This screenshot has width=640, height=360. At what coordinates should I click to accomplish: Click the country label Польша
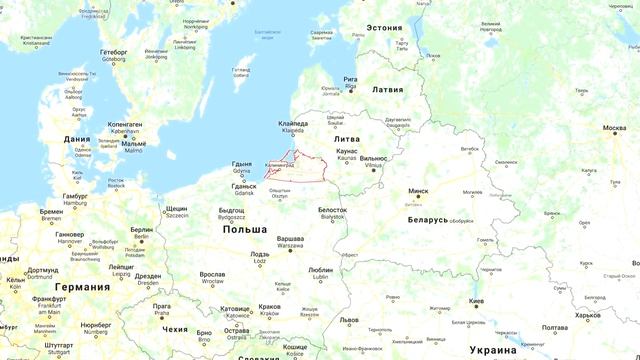click(x=245, y=229)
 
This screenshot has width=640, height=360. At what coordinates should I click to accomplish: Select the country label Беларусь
click(x=434, y=219)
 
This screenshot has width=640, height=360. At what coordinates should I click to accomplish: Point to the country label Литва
click(x=347, y=139)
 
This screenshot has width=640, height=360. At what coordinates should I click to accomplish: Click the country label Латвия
click(x=387, y=89)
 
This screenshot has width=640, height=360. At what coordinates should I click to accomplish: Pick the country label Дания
click(x=77, y=140)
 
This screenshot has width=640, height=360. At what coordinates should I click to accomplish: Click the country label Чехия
click(x=175, y=329)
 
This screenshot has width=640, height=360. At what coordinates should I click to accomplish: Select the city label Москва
click(x=615, y=129)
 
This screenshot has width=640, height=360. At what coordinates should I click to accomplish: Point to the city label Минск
click(x=418, y=190)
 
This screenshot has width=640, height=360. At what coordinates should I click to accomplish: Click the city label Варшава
click(x=290, y=239)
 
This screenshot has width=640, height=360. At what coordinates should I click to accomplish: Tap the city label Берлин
click(x=141, y=230)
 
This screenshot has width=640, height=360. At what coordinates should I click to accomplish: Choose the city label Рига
click(x=350, y=78)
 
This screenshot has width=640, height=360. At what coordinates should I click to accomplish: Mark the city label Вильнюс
click(x=373, y=158)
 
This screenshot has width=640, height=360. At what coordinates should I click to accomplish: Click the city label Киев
click(x=477, y=300)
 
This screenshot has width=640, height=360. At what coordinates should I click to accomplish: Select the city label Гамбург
click(x=75, y=197)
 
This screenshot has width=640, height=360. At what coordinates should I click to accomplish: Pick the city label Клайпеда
click(x=293, y=124)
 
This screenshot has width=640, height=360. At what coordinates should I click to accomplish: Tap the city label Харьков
click(x=588, y=315)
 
